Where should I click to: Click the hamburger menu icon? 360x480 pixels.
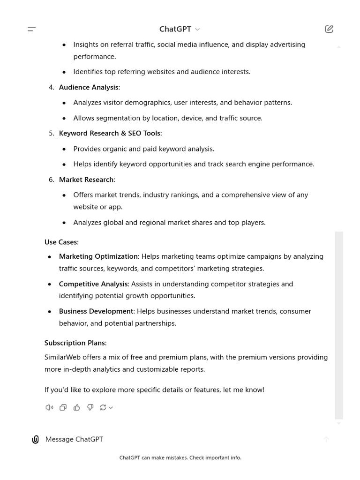tap(32, 29)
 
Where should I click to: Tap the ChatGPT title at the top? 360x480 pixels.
tap(175, 29)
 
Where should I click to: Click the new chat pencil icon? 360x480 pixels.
tap(329, 29)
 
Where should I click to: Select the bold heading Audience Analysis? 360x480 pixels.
tap(89, 87)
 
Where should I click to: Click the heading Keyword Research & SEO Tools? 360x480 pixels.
tap(110, 133)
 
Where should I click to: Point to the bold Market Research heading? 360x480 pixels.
tap(86, 180)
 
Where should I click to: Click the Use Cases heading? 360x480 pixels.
tap(61, 242)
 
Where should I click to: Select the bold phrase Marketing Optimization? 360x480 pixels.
tap(98, 256)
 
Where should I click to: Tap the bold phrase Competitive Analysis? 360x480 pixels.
tap(93, 284)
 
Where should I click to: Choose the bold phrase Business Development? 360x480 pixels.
tap(96, 311)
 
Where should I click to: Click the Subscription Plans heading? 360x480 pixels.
tap(75, 343)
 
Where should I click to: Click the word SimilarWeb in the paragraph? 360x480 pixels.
tap(62, 357)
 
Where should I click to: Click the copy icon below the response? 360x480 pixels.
tap(63, 407)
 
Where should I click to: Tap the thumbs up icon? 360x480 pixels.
tap(77, 407)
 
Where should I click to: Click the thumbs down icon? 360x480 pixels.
tap(90, 407)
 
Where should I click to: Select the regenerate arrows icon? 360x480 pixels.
tap(103, 407)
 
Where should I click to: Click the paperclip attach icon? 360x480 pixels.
tap(35, 439)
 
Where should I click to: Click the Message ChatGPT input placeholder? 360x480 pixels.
tap(74, 439)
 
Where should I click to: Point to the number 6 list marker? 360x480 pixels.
tap(51, 180)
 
